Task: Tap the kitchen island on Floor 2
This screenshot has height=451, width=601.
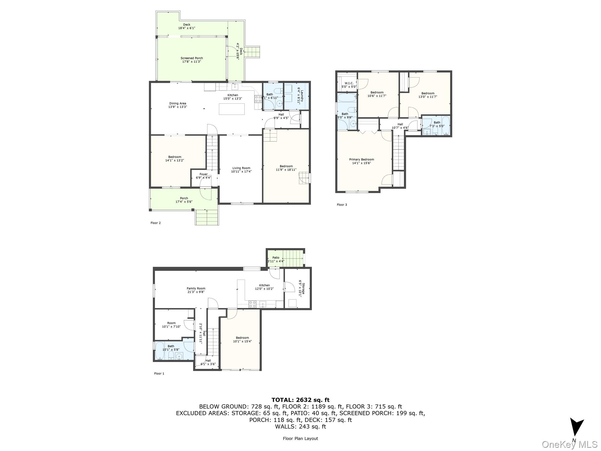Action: point(232,109)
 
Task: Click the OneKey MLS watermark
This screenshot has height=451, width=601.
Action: point(570,444)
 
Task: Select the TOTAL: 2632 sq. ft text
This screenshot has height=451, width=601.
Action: point(300,400)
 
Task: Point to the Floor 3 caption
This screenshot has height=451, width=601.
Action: point(342,205)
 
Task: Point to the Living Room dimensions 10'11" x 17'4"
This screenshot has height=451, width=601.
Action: point(241,171)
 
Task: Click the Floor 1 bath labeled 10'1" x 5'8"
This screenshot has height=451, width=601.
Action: point(171,348)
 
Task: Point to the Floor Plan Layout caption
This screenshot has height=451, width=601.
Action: point(300,438)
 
